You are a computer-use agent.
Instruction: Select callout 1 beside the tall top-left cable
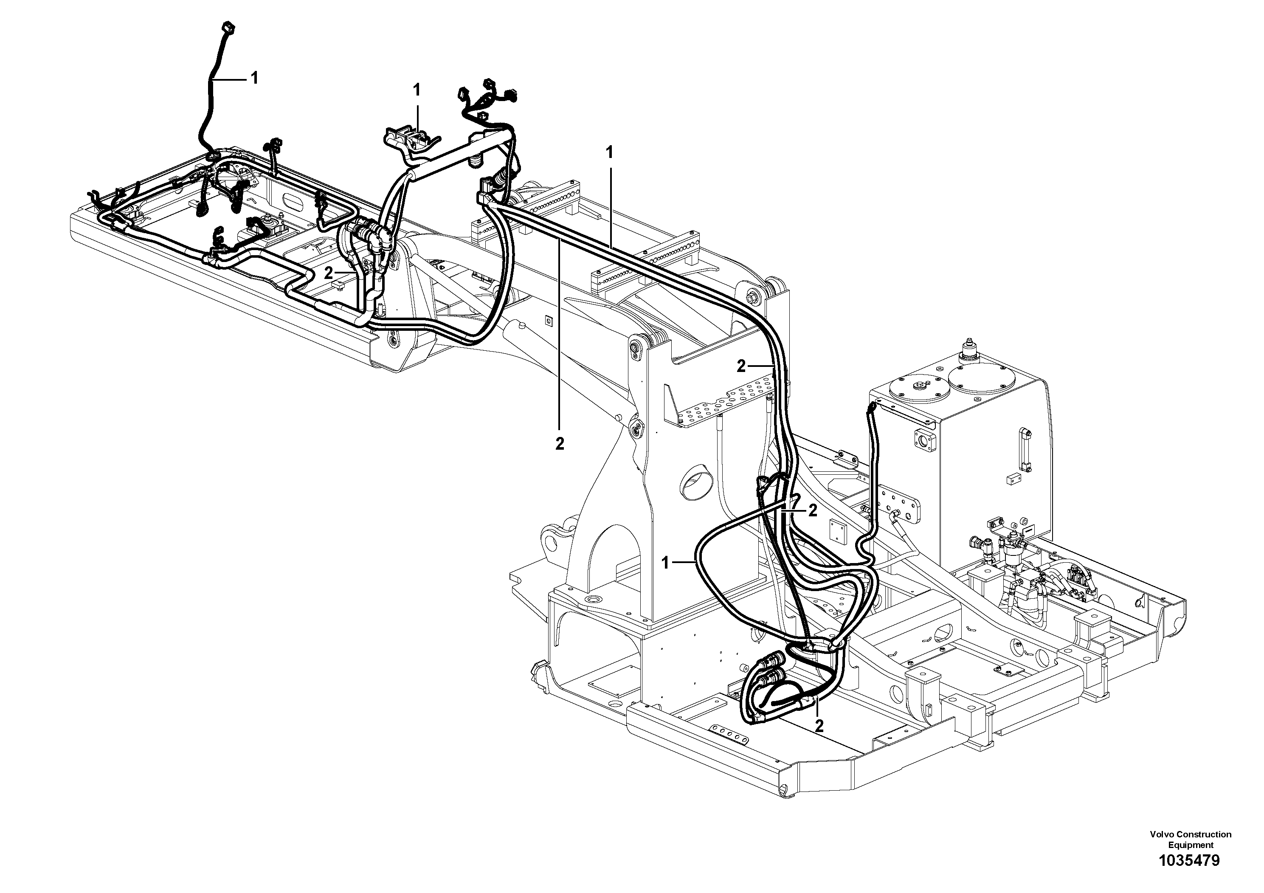click(x=254, y=79)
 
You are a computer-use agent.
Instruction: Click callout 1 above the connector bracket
click(x=417, y=89)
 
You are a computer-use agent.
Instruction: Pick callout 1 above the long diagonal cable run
click(x=609, y=152)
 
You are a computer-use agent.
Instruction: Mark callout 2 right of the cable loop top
click(x=813, y=511)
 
